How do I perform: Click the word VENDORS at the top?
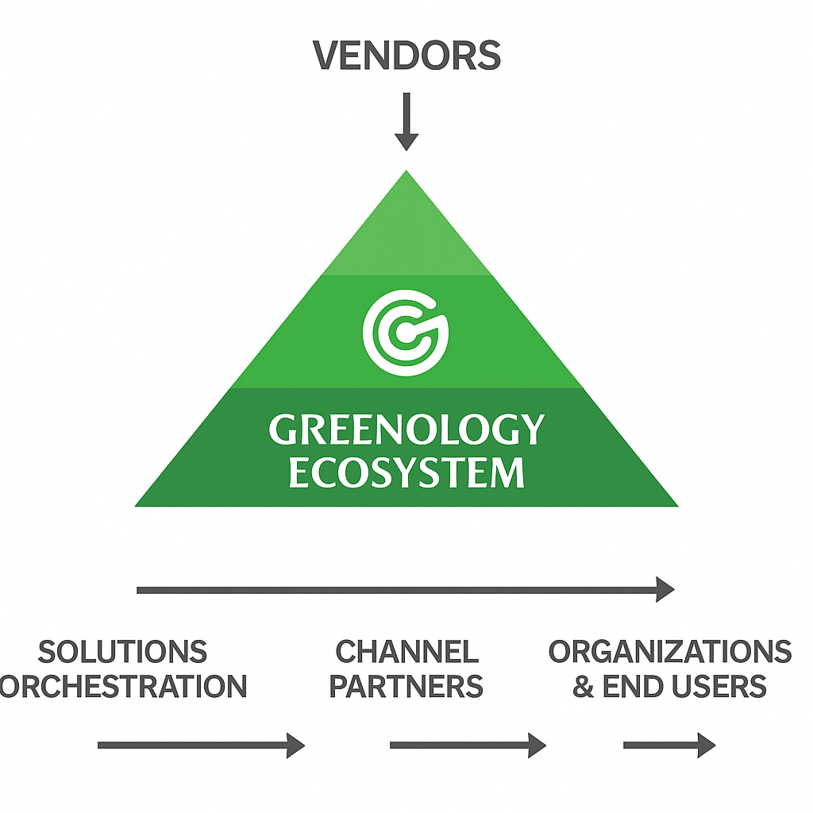406,56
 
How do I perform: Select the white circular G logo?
406,332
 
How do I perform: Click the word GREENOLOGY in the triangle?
406,430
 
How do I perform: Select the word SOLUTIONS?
123,652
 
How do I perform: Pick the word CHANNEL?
406,652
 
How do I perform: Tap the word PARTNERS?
406,687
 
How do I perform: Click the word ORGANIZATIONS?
670,652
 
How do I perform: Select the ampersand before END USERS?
584,687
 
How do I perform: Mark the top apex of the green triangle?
406,173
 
